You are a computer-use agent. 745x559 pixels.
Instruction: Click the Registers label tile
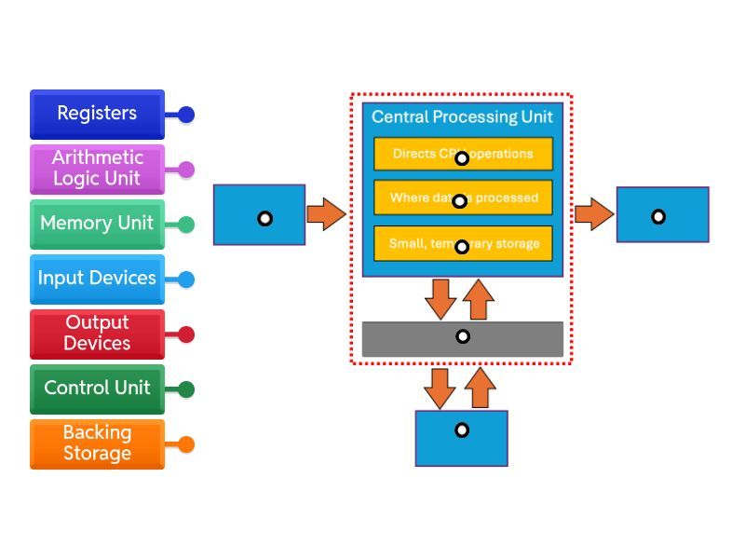tap(97, 114)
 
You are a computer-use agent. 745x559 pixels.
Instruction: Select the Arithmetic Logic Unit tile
tap(97, 169)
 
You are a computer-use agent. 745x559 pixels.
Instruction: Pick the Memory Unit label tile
tap(97, 224)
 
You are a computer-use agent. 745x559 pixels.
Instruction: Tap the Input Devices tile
tap(97, 279)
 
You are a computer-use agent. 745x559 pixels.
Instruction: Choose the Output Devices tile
tap(97, 334)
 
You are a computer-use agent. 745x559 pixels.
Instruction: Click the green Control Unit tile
tap(97, 389)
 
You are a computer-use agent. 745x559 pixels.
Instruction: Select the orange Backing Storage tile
tap(97, 443)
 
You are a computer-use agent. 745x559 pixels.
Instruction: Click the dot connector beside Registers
tap(186, 115)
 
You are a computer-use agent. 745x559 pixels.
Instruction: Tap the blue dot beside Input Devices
tap(186, 279)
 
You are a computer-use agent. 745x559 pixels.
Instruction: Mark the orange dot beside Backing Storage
tap(186, 444)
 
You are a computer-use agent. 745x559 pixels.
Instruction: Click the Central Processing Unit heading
tap(462, 117)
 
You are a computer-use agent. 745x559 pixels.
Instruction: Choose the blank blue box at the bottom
tap(461, 438)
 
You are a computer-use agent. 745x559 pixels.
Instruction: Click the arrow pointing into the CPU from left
tap(325, 214)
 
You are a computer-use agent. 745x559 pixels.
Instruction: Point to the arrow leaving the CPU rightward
tap(593, 214)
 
